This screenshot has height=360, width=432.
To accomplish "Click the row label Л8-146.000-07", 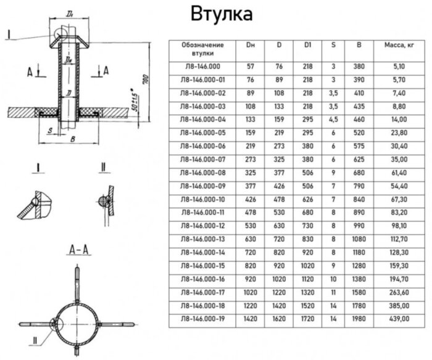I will [x=202, y=160].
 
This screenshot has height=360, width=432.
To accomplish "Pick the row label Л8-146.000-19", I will [x=202, y=319].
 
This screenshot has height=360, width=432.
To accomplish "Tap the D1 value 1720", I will [x=308, y=319].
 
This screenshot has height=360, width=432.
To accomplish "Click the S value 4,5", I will [x=333, y=120].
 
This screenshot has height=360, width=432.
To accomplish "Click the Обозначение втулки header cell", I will [x=202, y=49].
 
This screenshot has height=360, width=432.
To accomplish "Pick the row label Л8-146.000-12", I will [x=202, y=226].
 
